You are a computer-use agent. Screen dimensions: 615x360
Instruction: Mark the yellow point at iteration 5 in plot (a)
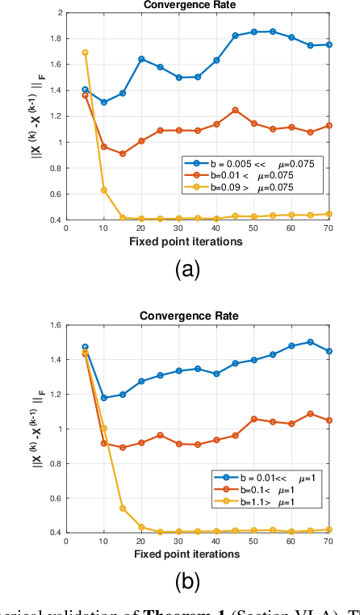(x=85, y=52)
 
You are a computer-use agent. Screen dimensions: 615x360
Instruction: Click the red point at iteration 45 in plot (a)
(x=235, y=110)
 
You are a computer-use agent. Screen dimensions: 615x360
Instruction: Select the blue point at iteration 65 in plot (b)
(x=311, y=342)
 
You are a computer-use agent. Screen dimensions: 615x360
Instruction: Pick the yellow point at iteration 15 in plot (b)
(x=123, y=508)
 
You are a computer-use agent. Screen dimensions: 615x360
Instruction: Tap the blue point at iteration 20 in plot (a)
(x=141, y=59)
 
